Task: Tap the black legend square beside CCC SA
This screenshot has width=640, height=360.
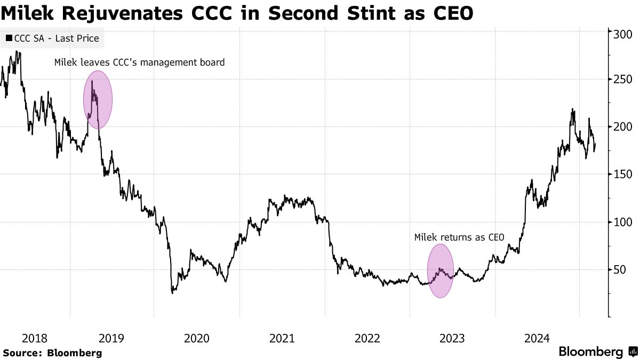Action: (x=9, y=38)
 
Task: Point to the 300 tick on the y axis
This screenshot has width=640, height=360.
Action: (x=622, y=35)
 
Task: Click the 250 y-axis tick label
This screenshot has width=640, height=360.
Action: (x=622, y=79)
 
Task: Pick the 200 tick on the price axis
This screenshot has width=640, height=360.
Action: (x=622, y=126)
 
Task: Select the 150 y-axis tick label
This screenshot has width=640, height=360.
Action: (x=622, y=174)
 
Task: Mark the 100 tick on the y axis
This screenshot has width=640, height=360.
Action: (x=622, y=222)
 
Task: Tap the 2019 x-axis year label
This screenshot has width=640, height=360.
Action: (x=111, y=338)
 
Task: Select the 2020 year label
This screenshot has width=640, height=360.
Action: (x=196, y=338)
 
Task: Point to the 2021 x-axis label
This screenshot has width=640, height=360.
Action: (x=282, y=338)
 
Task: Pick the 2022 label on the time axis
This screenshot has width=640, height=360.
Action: (x=367, y=338)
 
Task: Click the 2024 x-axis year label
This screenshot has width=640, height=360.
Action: (x=537, y=338)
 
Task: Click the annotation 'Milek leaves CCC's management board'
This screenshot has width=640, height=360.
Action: (x=140, y=62)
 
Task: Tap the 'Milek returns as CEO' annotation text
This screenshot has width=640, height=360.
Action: (x=459, y=237)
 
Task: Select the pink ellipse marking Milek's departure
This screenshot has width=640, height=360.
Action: (x=98, y=100)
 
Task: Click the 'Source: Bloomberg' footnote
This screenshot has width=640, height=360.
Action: (x=52, y=353)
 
